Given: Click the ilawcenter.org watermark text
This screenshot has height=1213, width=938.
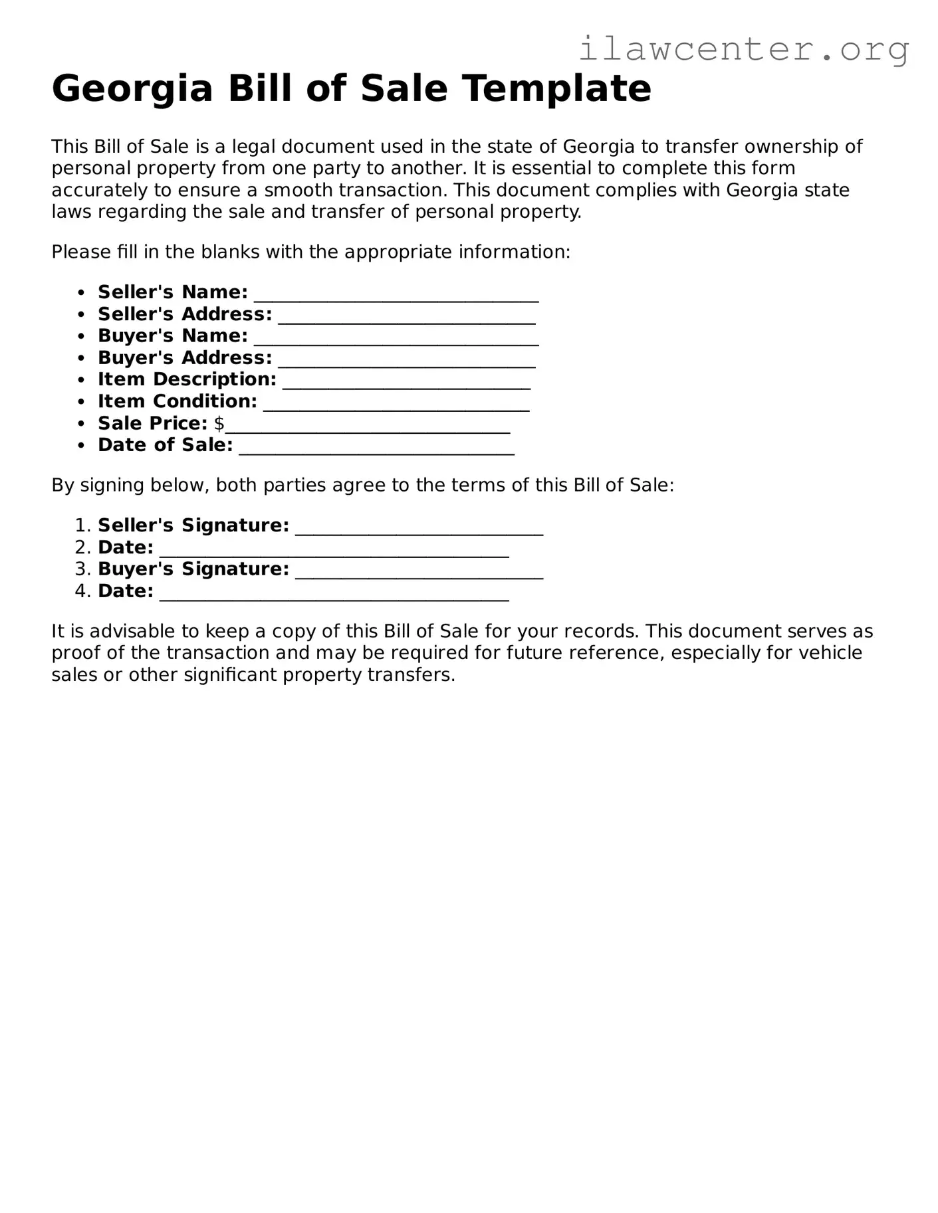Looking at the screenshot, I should click(x=743, y=50).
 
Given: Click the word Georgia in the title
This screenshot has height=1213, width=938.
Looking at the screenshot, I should click(x=132, y=88).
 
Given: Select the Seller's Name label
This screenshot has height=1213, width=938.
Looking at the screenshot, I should click(x=173, y=292).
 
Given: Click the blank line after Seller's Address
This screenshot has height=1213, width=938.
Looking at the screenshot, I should click(x=407, y=318).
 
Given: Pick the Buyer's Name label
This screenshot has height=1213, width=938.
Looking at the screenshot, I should click(x=173, y=336).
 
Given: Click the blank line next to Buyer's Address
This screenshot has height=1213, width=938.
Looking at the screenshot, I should click(x=407, y=362).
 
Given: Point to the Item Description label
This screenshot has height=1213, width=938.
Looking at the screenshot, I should click(x=187, y=379).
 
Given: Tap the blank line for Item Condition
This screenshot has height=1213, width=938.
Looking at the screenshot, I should click(x=396, y=406).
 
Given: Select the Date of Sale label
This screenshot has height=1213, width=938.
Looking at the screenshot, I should click(x=165, y=445).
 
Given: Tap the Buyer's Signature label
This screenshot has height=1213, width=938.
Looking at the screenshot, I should click(x=193, y=569).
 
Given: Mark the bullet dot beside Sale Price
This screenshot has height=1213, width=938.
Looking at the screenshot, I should click(x=81, y=424).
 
